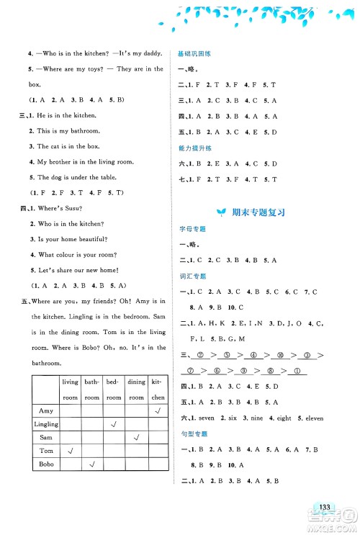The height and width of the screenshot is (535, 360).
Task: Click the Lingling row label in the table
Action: click(45, 425)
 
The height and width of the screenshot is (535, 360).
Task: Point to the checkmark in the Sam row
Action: click(135, 438)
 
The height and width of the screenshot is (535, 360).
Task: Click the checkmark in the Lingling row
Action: click(113, 424)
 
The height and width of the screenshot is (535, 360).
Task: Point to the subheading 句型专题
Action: click(189, 433)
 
